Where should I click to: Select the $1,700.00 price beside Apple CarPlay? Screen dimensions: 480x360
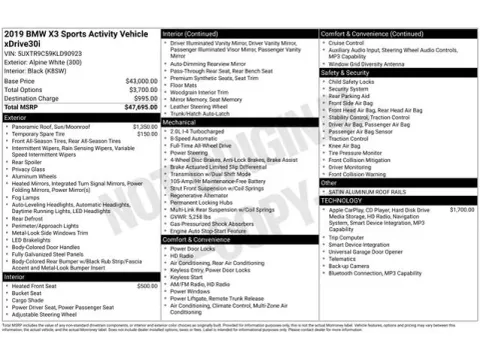tap(462, 209)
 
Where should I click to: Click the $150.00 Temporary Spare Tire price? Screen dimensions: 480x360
tap(147, 134)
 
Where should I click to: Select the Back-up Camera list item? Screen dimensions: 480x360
tap(350, 265)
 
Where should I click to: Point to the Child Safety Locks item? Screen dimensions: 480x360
tap(355, 81)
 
